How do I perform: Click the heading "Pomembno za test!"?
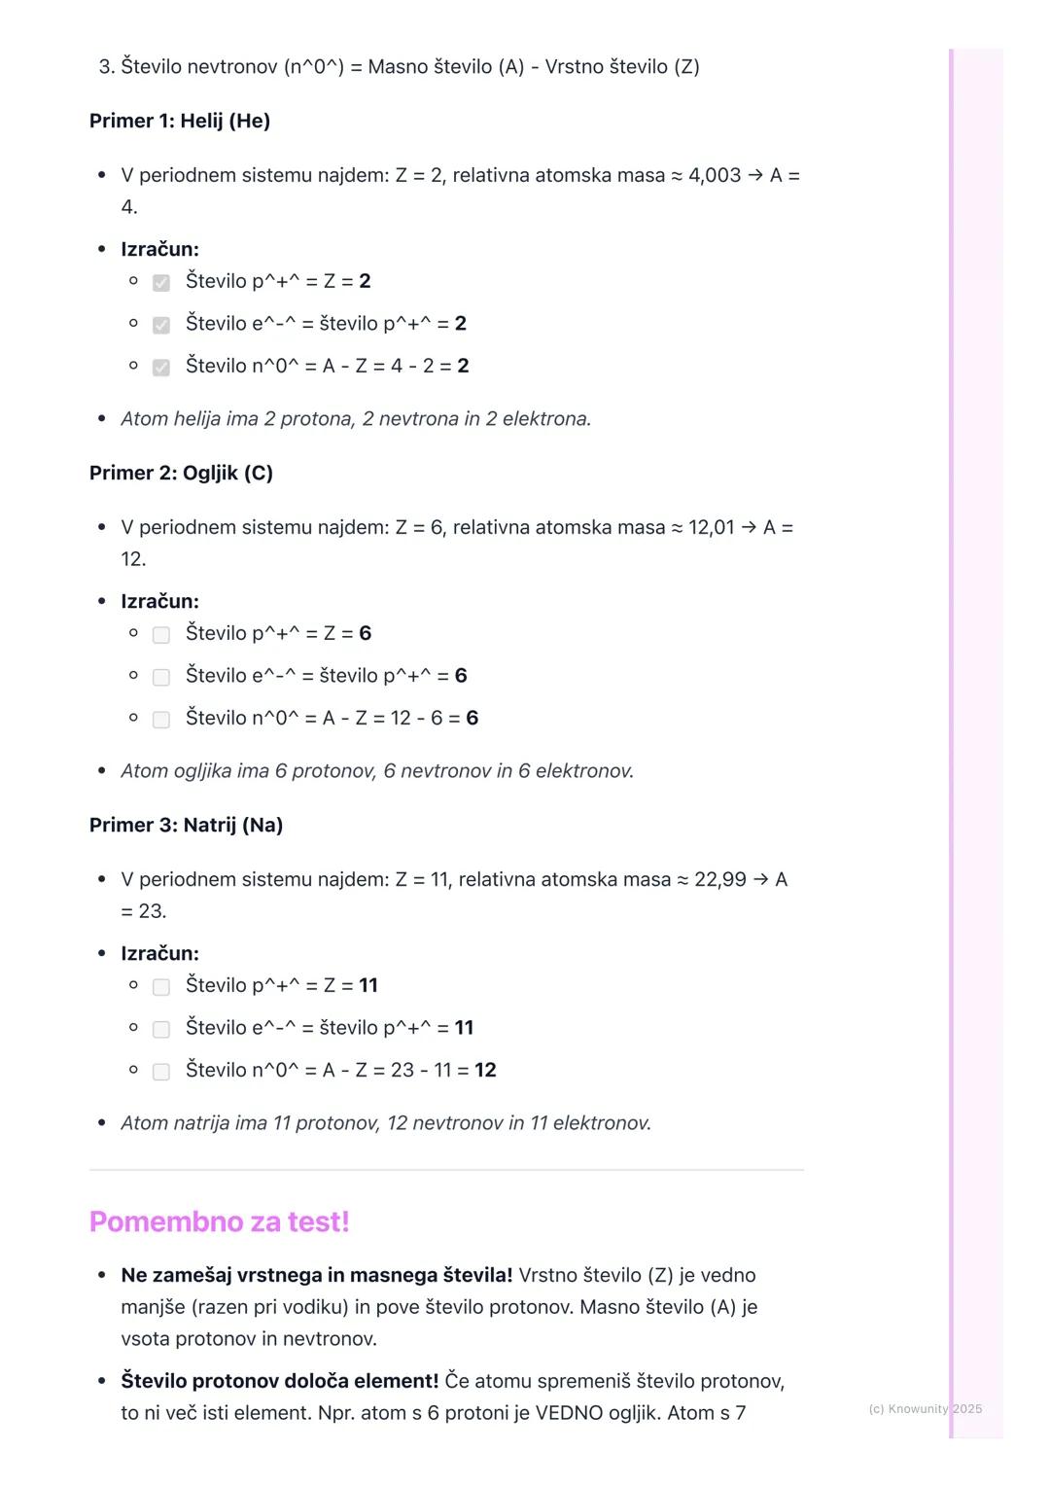coord(219,1221)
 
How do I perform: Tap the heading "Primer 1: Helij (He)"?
coord(180,121)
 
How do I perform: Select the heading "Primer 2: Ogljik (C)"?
coord(181,473)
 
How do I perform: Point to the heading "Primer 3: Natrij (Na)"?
coord(186,825)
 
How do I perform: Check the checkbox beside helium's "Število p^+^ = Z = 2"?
coord(161,282)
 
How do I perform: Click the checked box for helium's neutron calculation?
coord(161,367)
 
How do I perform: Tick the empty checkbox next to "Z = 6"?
coord(161,634)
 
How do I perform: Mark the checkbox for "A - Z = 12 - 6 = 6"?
coord(161,719)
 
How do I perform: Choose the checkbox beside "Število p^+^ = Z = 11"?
coord(161,986)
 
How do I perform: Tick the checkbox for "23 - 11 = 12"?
coord(161,1071)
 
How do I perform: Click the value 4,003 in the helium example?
coord(714,175)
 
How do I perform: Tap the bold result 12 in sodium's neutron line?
coord(485,1070)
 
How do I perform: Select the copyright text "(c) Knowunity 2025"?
coord(925,1408)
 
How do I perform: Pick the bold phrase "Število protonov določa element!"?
coord(279,1381)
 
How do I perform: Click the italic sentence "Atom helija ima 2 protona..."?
coord(356,419)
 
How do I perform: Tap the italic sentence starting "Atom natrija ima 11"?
coord(385,1123)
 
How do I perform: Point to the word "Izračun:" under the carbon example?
coord(159,601)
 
